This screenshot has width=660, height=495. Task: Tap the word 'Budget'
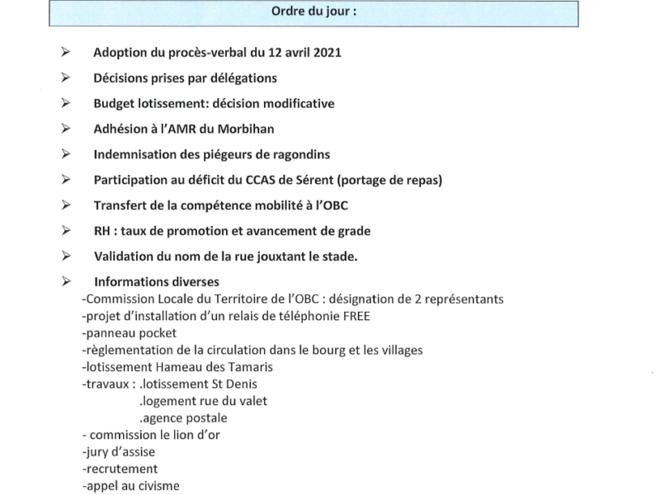click(113, 104)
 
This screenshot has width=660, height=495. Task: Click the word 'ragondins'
click(296, 154)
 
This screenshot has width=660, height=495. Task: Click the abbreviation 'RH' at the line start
click(103, 231)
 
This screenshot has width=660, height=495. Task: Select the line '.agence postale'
click(181, 418)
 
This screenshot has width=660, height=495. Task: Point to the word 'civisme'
click(153, 486)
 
